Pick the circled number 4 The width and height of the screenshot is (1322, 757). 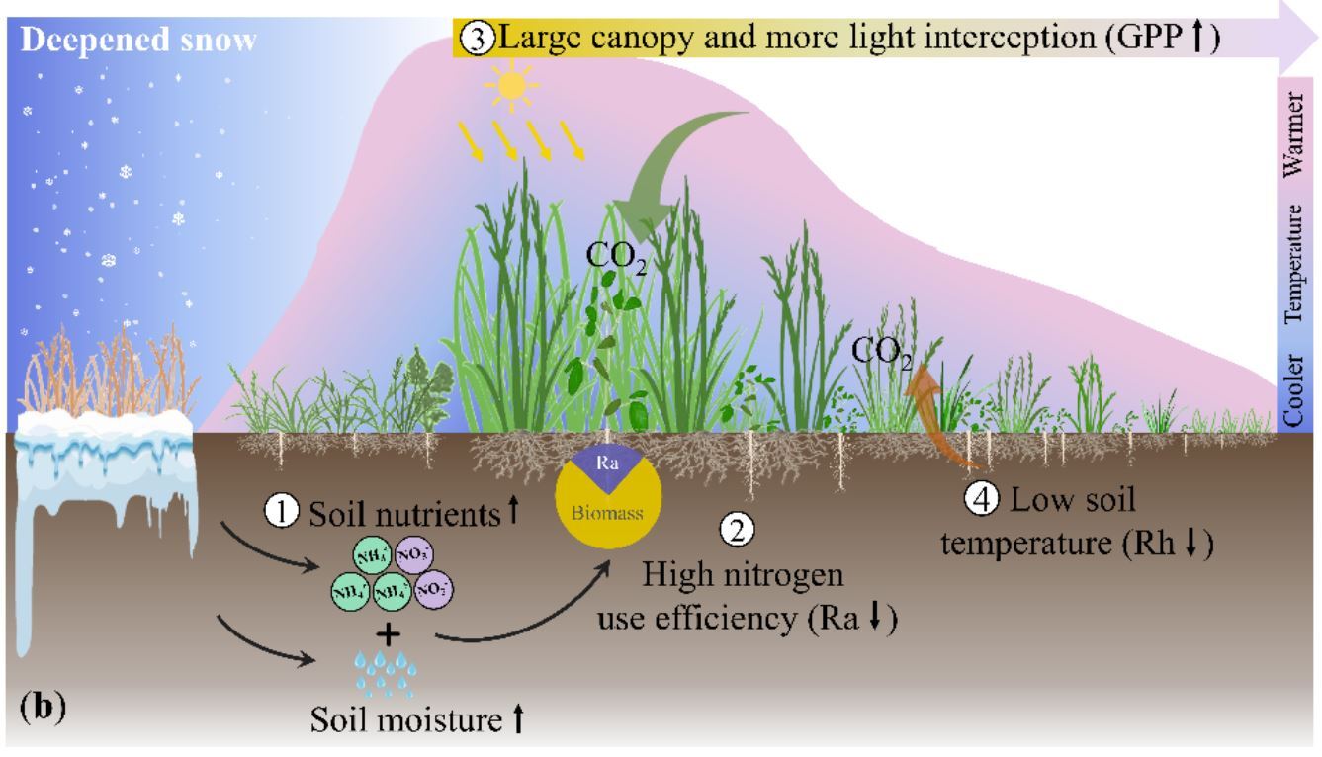[982, 500]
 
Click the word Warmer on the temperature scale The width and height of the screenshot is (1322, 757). [1297, 137]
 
